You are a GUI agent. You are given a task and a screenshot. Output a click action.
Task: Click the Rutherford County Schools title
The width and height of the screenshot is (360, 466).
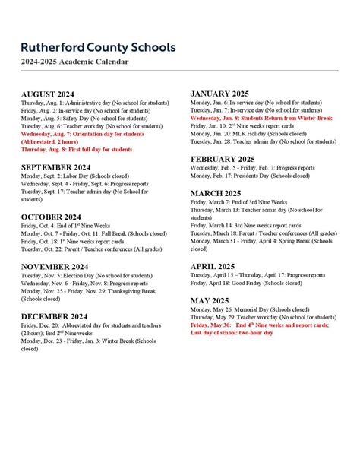coord(98,47)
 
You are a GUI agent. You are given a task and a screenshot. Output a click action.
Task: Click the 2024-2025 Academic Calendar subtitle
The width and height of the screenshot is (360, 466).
coord(74,62)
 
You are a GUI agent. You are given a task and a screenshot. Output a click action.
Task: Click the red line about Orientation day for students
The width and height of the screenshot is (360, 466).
coord(82,134)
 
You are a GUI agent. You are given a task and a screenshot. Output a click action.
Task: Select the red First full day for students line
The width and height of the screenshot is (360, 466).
coord(76,150)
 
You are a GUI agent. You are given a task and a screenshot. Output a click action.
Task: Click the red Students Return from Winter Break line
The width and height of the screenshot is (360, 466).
coord(261,119)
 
